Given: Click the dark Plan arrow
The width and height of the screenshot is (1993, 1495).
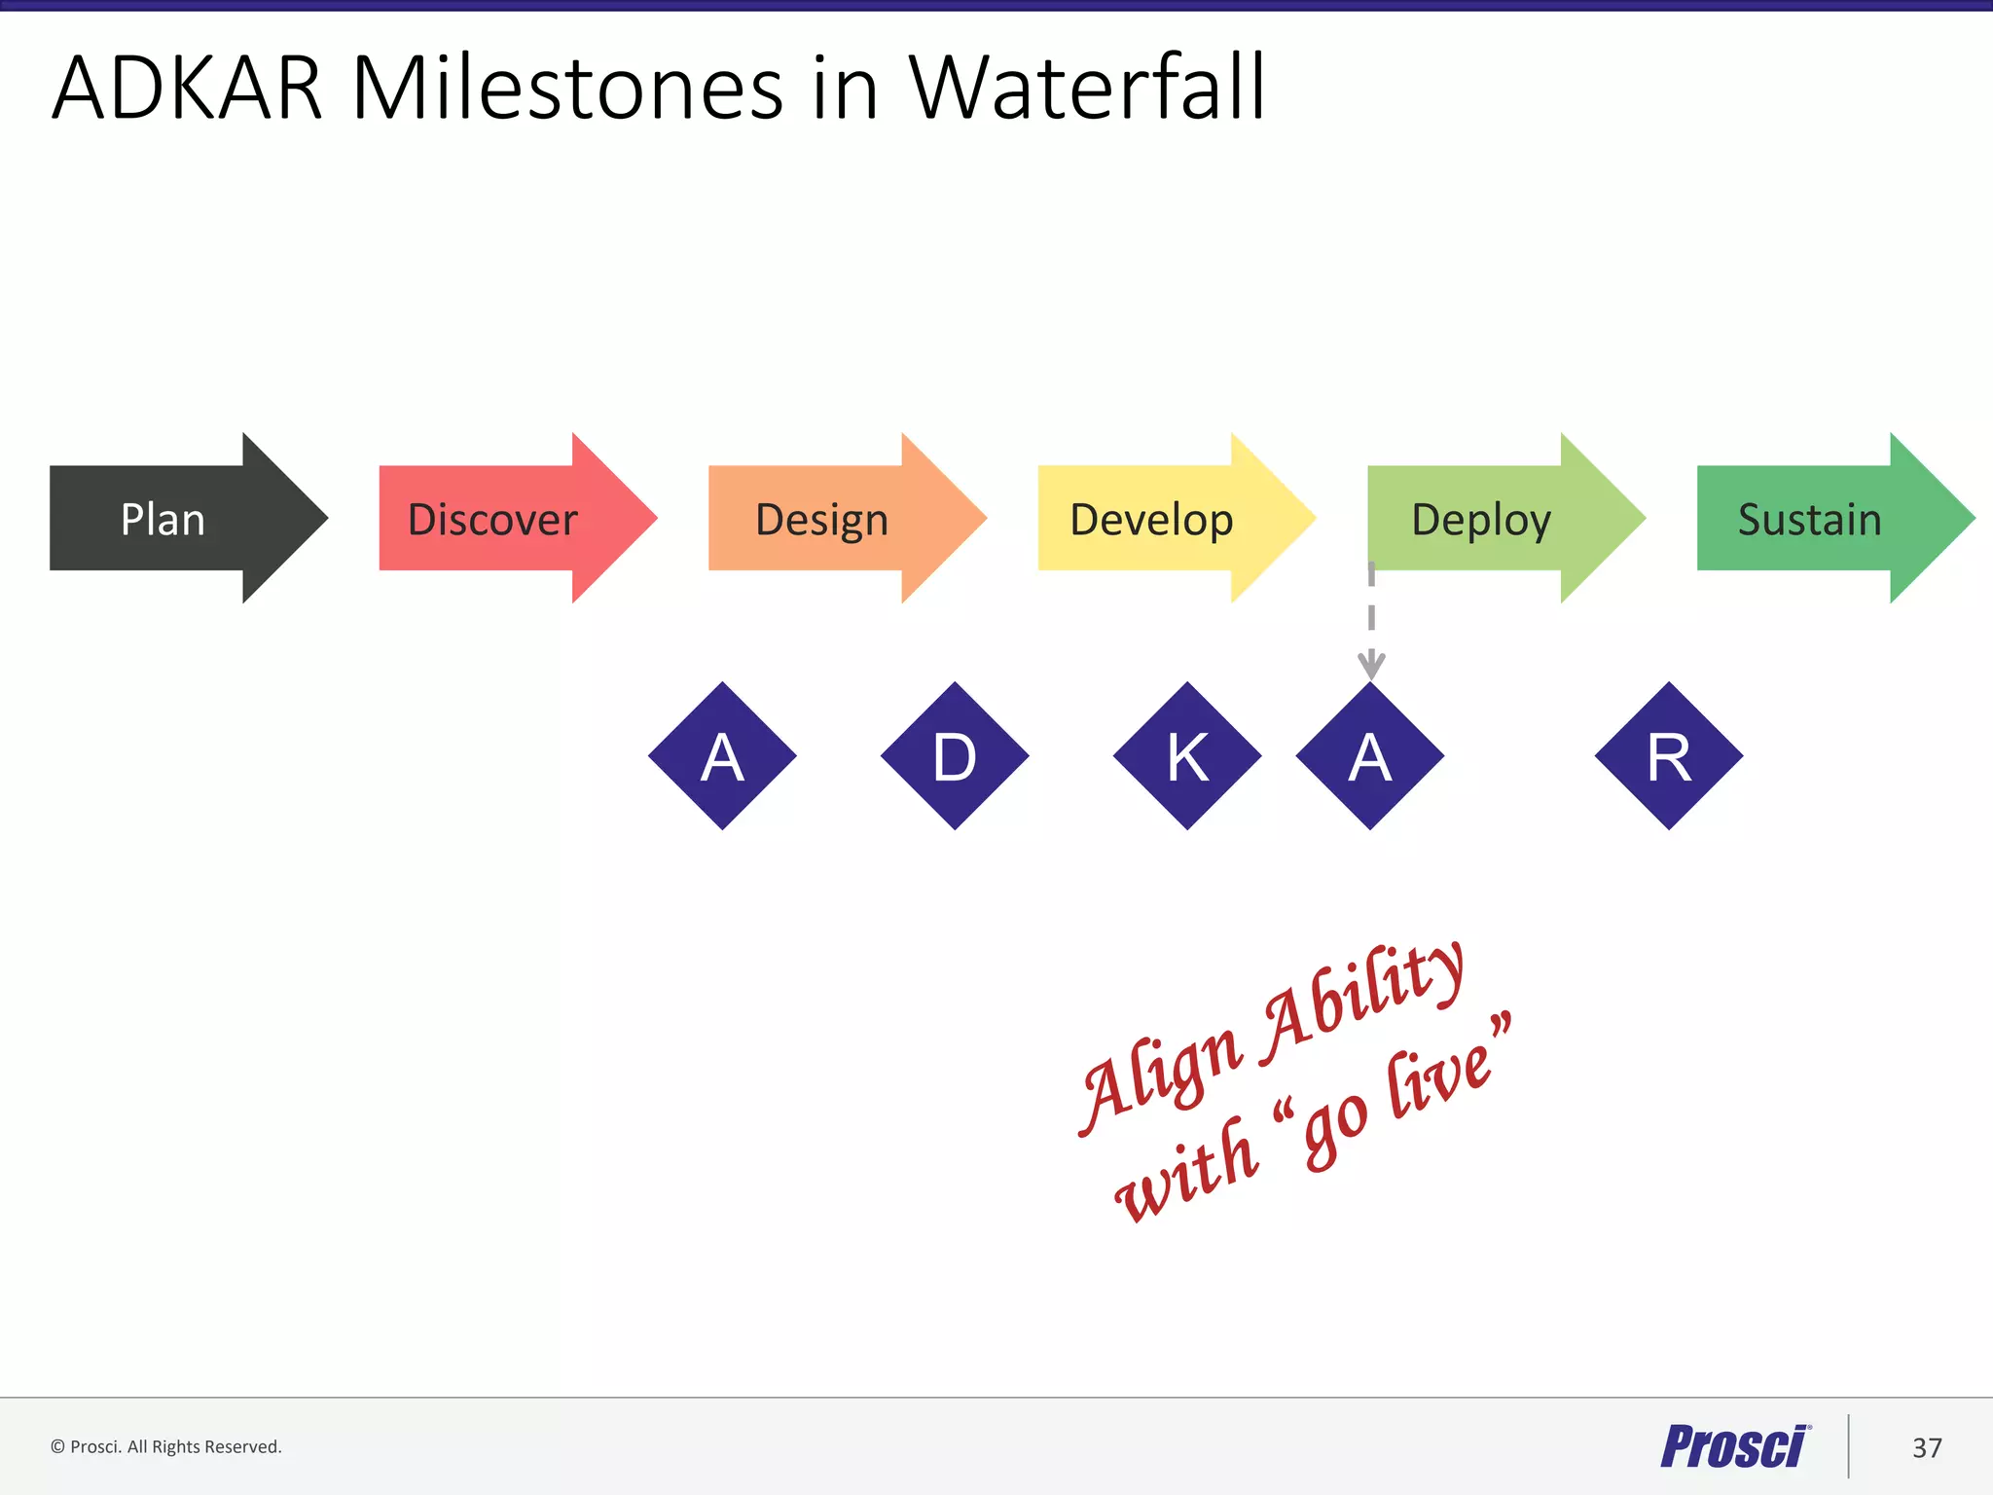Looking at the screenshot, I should (x=165, y=518).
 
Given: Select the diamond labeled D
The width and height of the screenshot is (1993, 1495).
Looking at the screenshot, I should (x=955, y=756).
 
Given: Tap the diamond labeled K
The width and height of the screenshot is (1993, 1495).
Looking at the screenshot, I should (x=1187, y=756).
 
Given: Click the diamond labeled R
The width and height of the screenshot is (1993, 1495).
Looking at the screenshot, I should (x=1669, y=756).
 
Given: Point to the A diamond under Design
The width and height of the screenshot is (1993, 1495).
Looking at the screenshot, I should (x=722, y=756).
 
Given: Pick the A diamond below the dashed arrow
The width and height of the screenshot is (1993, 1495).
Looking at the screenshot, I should (x=1370, y=756).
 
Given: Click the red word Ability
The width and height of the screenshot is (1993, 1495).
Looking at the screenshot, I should (x=1362, y=1003).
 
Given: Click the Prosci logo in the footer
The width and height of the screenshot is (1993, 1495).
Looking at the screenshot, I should (x=1735, y=1446).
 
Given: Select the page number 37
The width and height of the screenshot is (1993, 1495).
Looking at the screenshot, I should (x=1927, y=1447).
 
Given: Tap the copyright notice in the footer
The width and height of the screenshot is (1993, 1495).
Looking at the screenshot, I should (x=166, y=1446).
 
